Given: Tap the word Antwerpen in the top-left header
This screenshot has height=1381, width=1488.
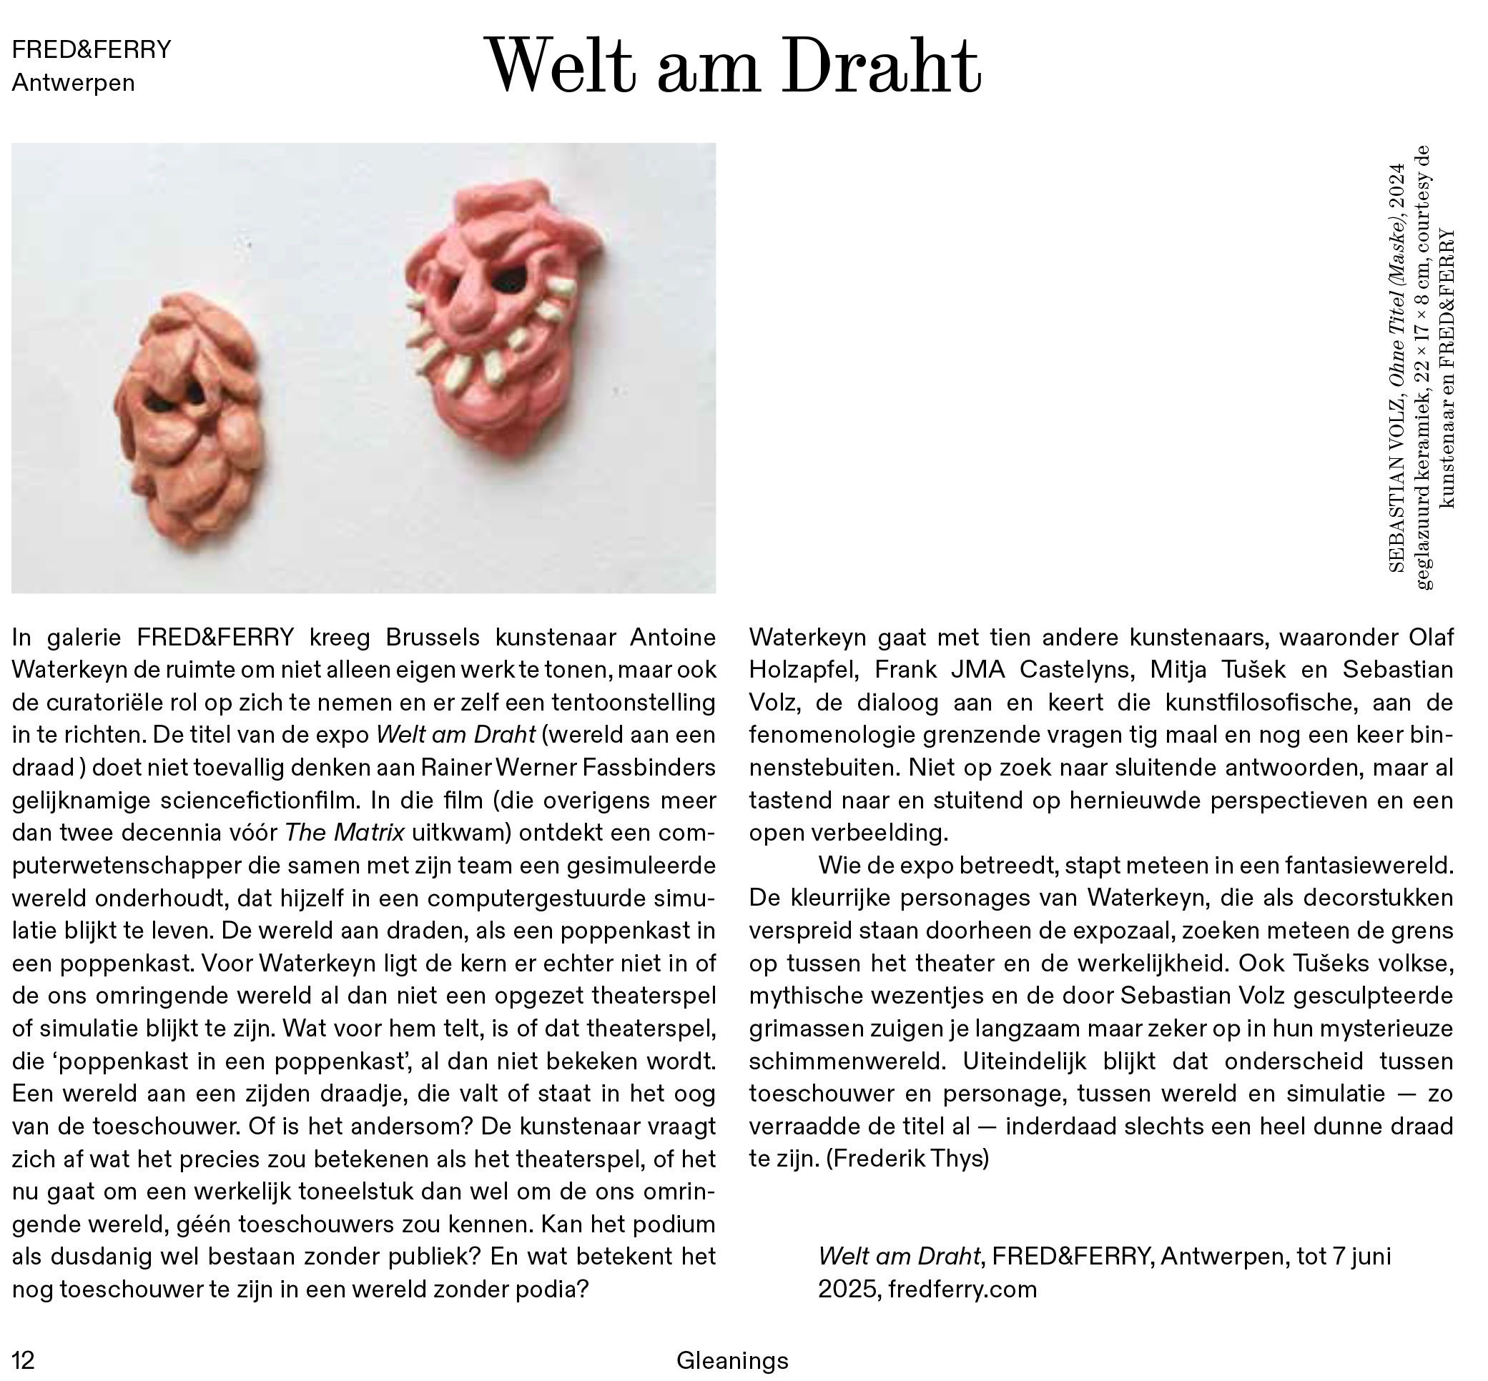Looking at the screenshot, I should (x=73, y=83).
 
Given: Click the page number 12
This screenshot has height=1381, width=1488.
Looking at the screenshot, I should (x=23, y=1360).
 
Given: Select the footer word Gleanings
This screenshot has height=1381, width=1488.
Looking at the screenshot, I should (x=732, y=1360).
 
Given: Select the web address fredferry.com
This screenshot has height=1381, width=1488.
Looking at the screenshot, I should (x=962, y=1289).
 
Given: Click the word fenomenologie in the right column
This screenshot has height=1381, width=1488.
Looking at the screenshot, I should (x=832, y=736).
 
